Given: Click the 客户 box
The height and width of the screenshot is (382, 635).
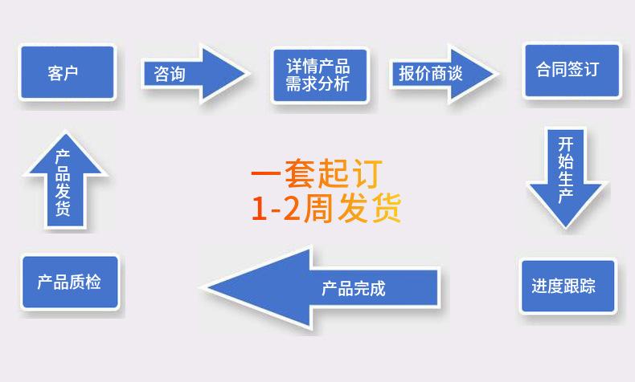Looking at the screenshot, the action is coord(68,72).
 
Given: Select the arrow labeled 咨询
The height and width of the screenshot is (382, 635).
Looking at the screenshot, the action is coord(193,74).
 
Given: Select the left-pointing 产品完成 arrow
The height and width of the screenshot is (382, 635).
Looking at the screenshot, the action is coord(322,287).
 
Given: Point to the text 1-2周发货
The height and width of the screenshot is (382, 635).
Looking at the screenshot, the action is coord(326,209).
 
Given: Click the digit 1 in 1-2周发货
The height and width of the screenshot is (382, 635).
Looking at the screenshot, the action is coord(258,209).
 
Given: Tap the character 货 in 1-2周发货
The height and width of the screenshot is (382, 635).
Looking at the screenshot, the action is coord(385,209).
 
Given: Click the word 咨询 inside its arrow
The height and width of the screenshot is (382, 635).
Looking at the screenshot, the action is coord(170,75).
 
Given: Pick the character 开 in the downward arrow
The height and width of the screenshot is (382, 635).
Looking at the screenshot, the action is coord(566,145).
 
